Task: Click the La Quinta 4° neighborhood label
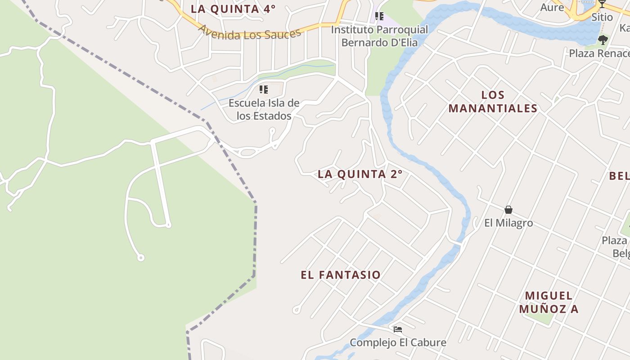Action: pos(233,9)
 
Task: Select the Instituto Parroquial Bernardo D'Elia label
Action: pos(379,36)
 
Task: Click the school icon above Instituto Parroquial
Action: pos(379,17)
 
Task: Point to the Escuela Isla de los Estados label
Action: pos(264,109)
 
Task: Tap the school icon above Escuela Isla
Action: pos(264,90)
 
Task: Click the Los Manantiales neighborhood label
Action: pos(493,102)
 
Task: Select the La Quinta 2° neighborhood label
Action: pos(360,174)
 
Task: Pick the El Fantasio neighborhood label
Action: pos(341,275)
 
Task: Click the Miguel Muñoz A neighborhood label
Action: pos(549,302)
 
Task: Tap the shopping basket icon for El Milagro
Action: pos(508,210)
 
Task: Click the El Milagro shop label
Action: pos(508,223)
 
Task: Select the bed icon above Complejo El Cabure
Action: pos(397,329)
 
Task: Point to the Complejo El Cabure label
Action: pos(398,342)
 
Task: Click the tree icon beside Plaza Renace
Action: pos(603,40)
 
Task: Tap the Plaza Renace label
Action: pos(599,53)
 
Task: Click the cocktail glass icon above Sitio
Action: pos(602,4)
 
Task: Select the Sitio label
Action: pos(602,17)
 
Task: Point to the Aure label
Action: pos(552,7)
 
